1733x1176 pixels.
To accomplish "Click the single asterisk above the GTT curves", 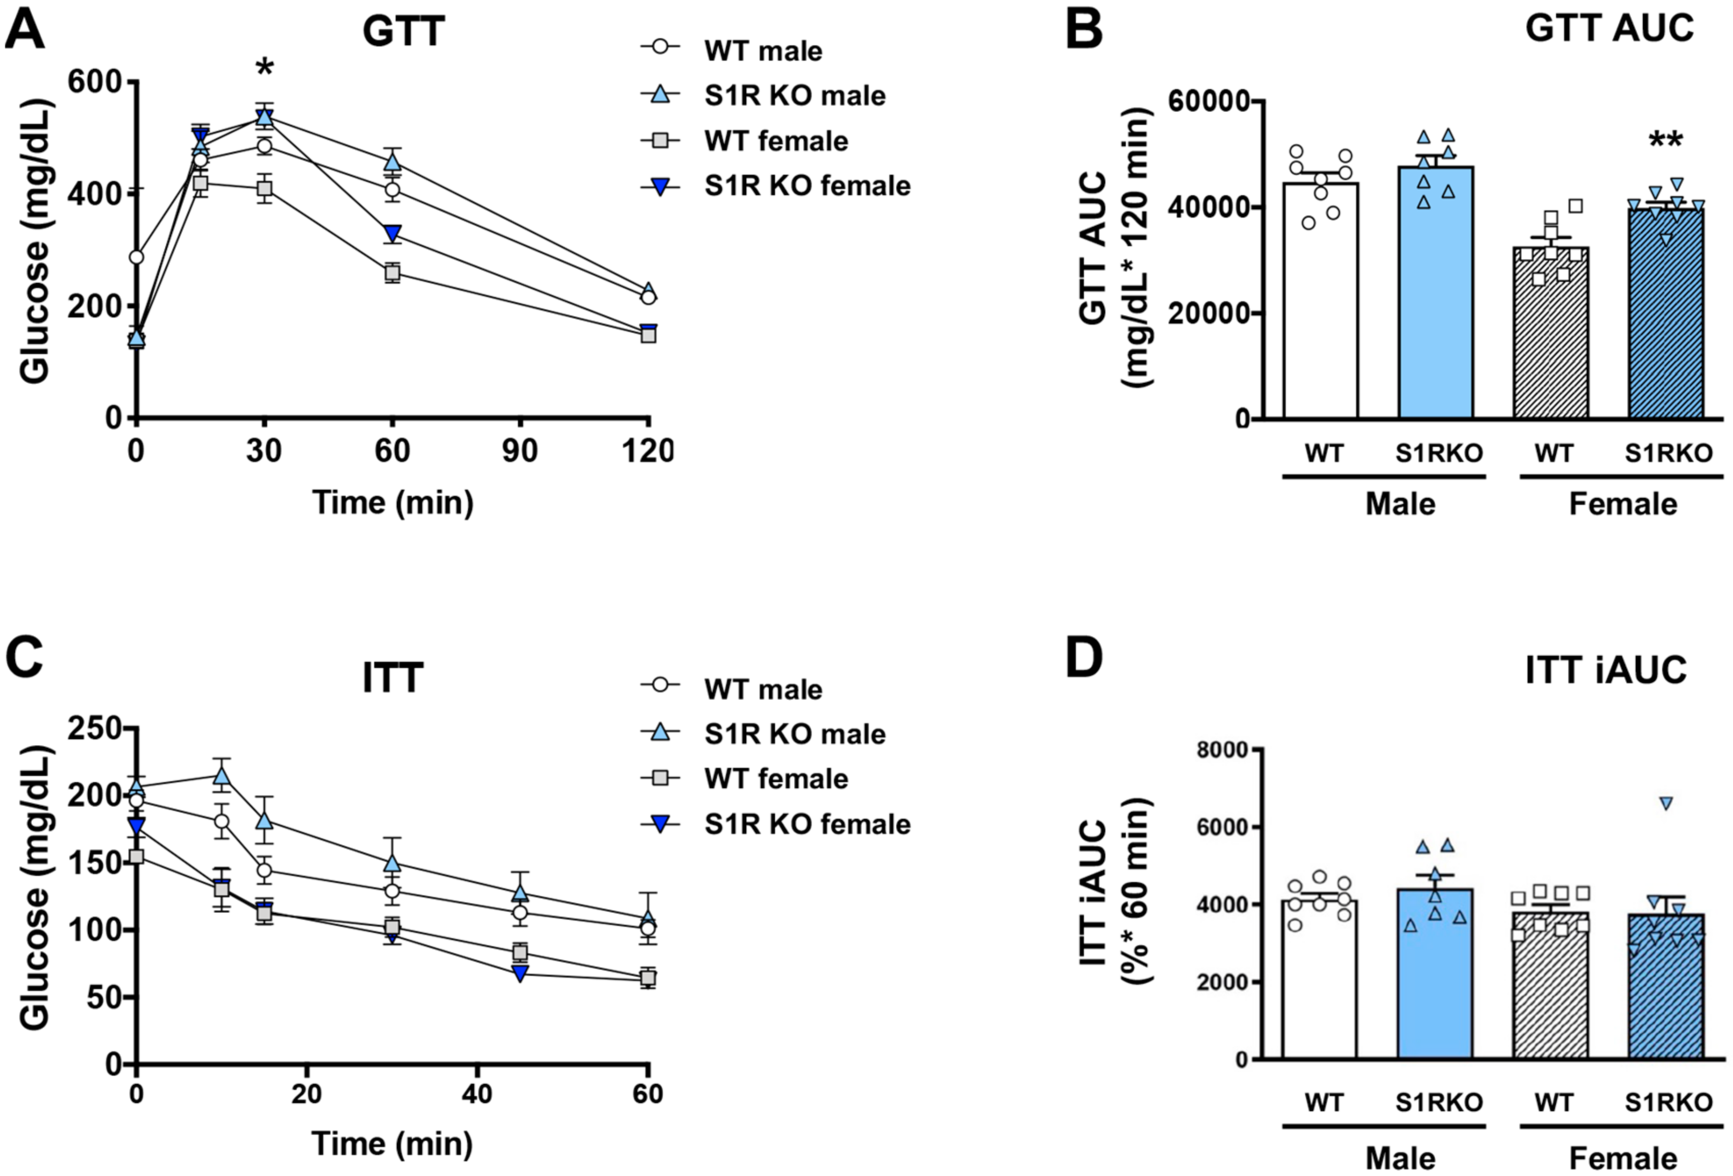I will pyautogui.click(x=264, y=69).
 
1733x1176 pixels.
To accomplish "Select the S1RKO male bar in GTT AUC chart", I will pyautogui.click(x=1435, y=298).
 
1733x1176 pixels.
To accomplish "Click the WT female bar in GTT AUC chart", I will pyautogui.click(x=1551, y=335).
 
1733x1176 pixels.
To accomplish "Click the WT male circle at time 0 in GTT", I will pyautogui.click(x=136, y=257).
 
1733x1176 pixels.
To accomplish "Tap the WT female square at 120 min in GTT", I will pyautogui.click(x=648, y=335).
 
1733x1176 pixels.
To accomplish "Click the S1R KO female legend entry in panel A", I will pyautogui.click(x=775, y=185).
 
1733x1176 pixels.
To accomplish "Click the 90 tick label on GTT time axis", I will pyautogui.click(x=520, y=451).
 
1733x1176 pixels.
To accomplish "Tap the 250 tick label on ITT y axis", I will pyautogui.click(x=95, y=729).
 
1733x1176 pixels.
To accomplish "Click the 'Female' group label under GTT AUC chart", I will pyautogui.click(x=1623, y=504).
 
